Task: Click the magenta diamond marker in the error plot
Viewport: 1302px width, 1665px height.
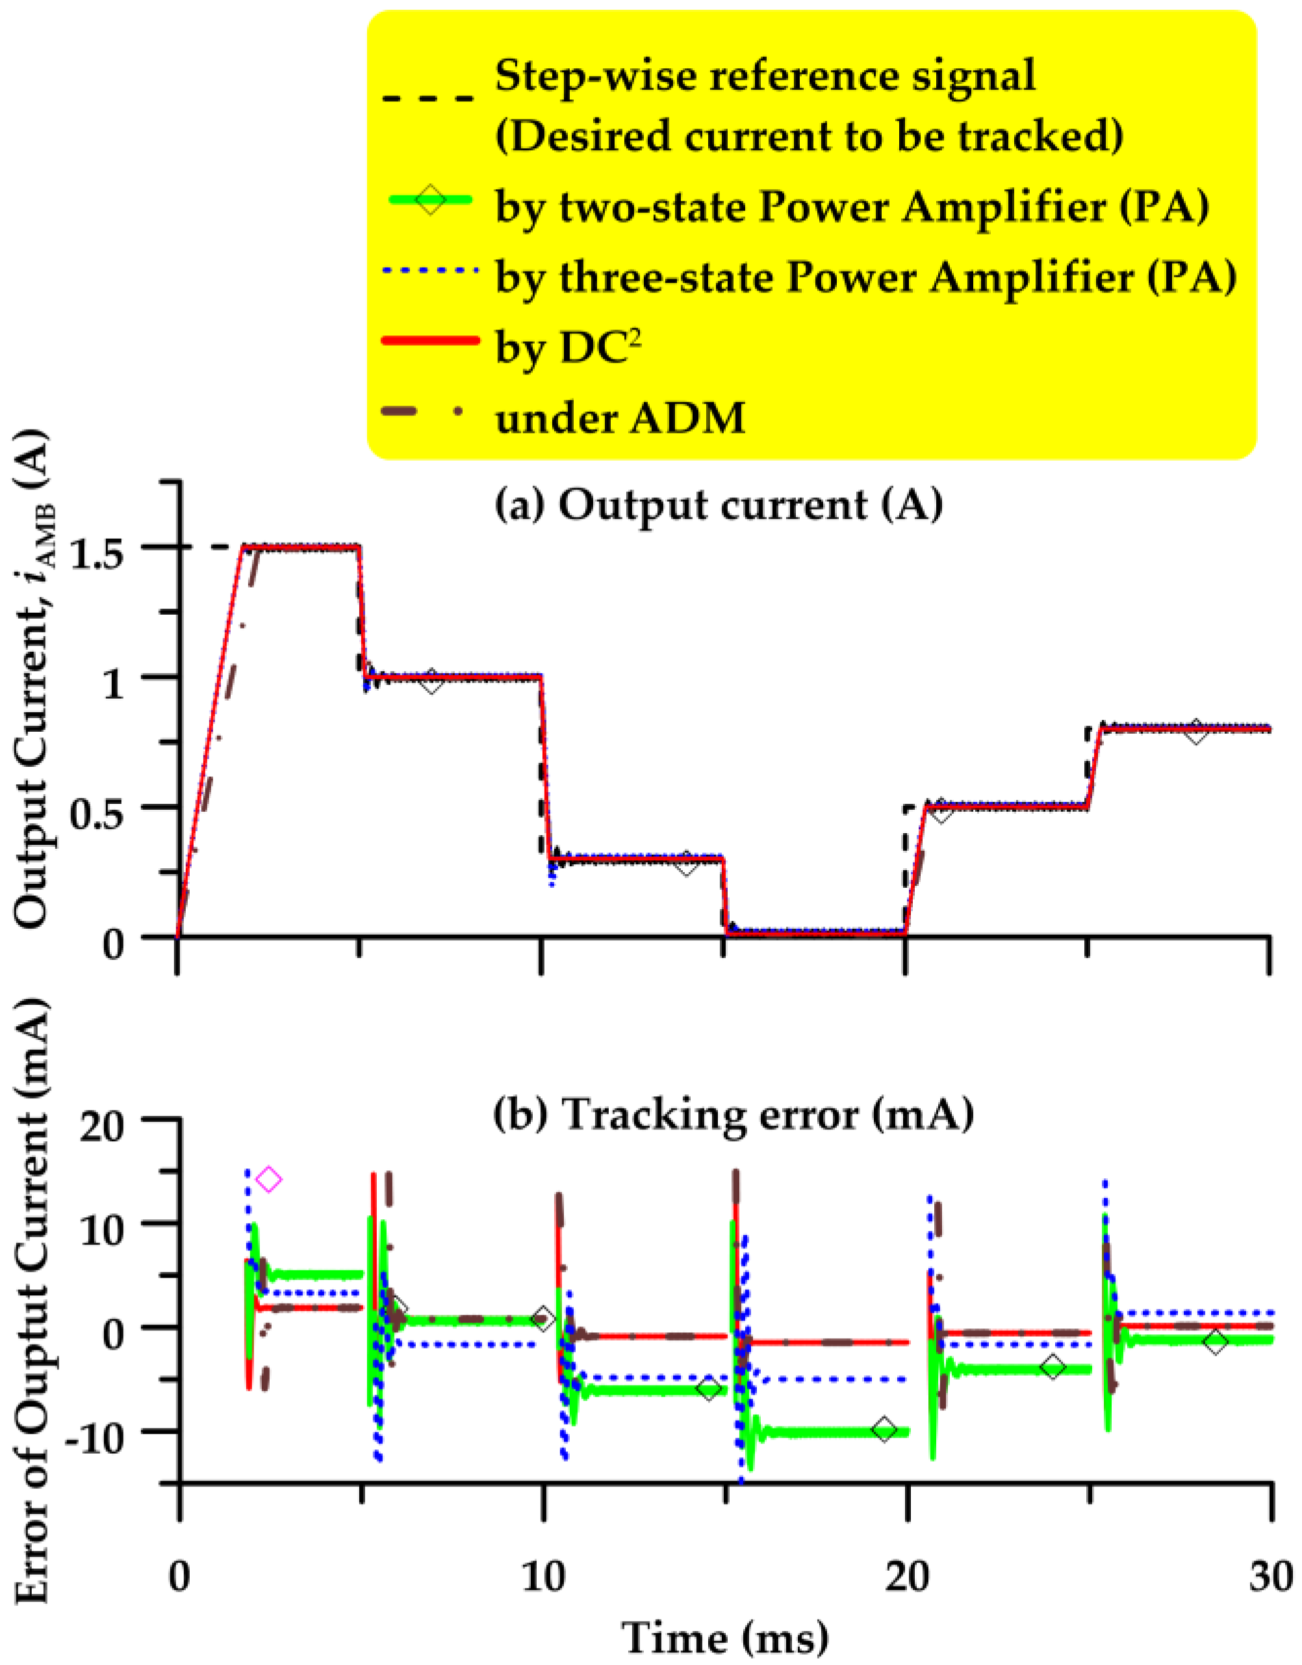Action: [269, 1180]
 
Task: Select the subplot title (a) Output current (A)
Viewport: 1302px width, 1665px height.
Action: [719, 506]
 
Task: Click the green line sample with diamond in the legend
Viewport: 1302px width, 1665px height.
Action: [431, 203]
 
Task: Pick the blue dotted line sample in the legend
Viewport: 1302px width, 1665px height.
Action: [431, 272]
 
